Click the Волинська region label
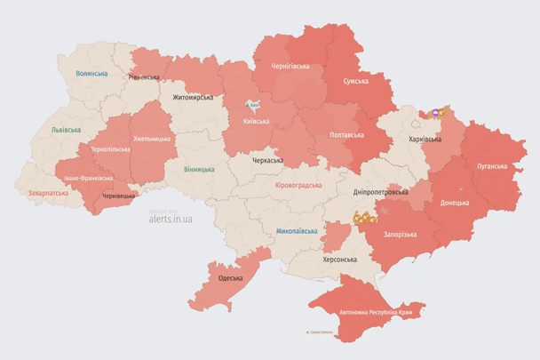point(91,74)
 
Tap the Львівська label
point(66,130)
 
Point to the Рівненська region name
point(145,77)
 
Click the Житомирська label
point(194,96)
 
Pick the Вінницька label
point(199,169)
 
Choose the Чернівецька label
point(119,195)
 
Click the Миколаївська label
point(297,231)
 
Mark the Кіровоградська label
point(298,185)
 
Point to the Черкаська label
point(267,161)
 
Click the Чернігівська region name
point(290,66)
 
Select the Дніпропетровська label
point(380,192)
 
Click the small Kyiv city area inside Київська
point(254,103)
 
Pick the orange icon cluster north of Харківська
point(437,113)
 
